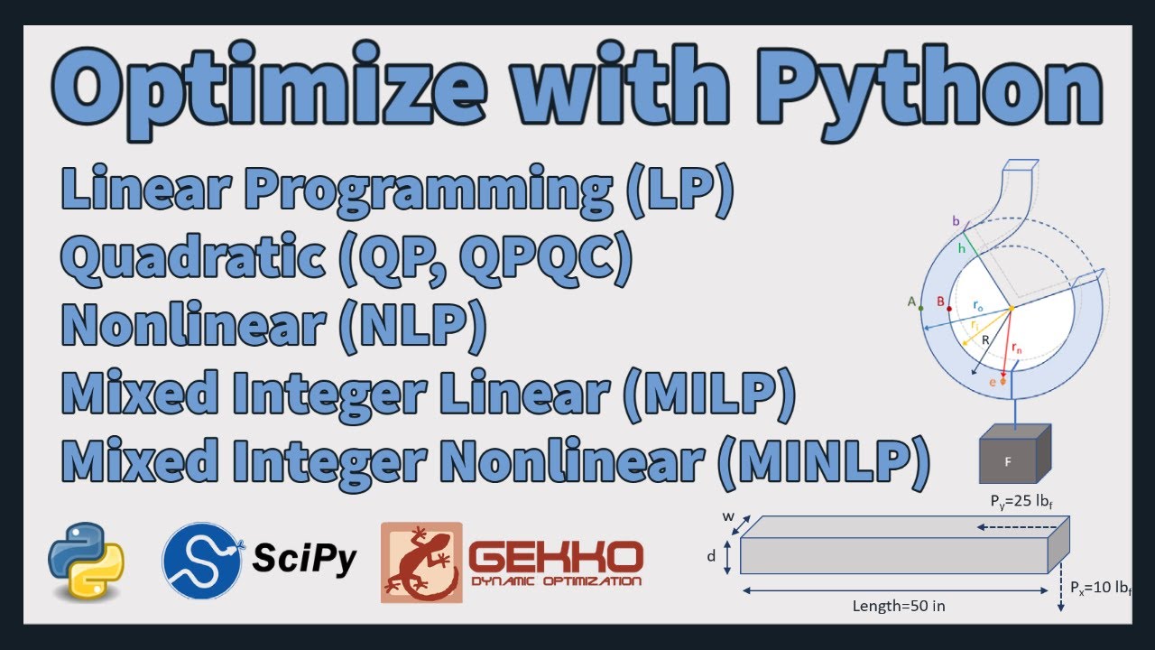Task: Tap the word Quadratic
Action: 193,258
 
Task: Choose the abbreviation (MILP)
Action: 708,394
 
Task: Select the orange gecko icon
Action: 421,562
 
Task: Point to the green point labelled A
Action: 920,309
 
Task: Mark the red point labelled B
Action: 949,309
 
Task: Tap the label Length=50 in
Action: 899,606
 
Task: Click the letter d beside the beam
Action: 711,556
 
